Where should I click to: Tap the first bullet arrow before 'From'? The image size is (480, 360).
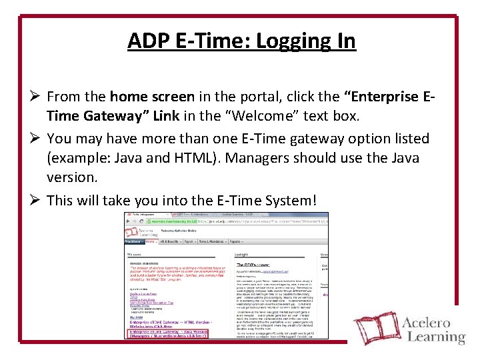pos(34,97)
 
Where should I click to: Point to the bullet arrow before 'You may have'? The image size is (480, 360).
pos(34,139)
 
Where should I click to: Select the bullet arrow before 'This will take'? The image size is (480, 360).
pos(34,201)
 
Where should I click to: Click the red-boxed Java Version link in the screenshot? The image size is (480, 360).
pos(167,333)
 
